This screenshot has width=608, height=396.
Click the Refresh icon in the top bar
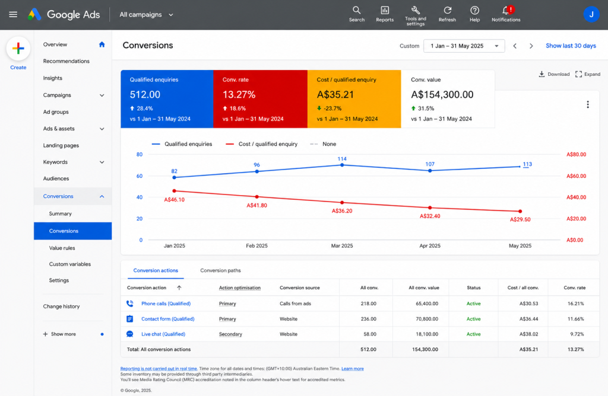click(447, 11)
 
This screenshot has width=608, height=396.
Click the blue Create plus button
click(18, 49)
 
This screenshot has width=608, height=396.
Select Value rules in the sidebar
click(62, 248)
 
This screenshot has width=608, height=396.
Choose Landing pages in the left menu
click(61, 145)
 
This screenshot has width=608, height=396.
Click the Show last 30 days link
click(571, 46)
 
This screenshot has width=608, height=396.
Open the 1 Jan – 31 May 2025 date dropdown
click(464, 46)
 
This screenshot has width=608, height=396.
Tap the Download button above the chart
click(554, 74)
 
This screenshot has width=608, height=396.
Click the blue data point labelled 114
click(342, 165)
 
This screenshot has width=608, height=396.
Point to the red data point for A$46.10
click(175, 191)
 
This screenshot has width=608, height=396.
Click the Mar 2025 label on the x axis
click(342, 246)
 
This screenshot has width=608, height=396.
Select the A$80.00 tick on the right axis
click(576, 155)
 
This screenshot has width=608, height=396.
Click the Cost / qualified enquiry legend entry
click(262, 144)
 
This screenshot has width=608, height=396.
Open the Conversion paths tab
click(220, 270)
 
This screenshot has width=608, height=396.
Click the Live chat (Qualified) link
click(163, 334)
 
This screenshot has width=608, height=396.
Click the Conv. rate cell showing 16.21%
click(576, 304)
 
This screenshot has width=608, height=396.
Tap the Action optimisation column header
click(240, 288)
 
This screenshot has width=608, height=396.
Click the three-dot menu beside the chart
click(588, 104)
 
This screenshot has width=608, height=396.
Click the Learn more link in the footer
click(353, 369)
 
